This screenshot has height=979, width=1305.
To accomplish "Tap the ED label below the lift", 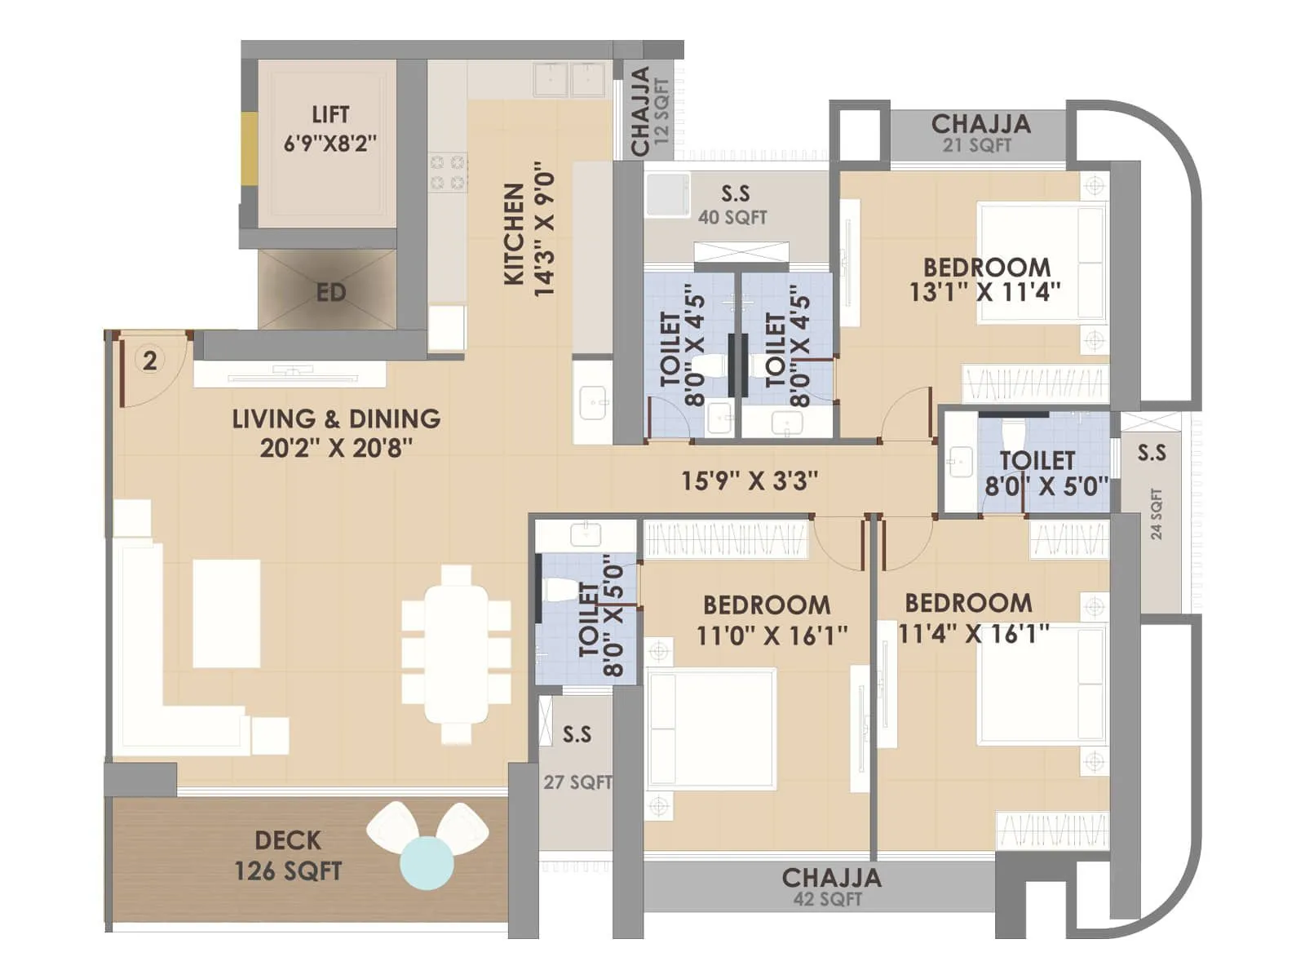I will (330, 292).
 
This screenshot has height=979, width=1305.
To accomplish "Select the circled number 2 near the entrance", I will (150, 360).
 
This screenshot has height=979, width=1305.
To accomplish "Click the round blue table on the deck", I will (427, 862).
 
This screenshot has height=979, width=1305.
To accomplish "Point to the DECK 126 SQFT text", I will (288, 855).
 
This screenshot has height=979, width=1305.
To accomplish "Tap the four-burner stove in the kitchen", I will (448, 172).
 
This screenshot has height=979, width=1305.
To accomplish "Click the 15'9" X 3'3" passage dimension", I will (749, 481).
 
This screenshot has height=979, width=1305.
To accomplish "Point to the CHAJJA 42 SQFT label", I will (830, 887).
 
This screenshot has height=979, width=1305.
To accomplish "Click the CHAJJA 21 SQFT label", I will (980, 133).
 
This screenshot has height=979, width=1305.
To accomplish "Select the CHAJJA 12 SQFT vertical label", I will (649, 110).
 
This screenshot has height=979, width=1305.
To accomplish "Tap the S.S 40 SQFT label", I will (733, 204).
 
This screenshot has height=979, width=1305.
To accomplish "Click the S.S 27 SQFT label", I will (577, 757).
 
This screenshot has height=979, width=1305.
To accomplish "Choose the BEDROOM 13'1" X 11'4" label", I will (985, 279).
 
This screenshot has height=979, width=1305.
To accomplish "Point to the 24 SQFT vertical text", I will (1156, 514).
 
